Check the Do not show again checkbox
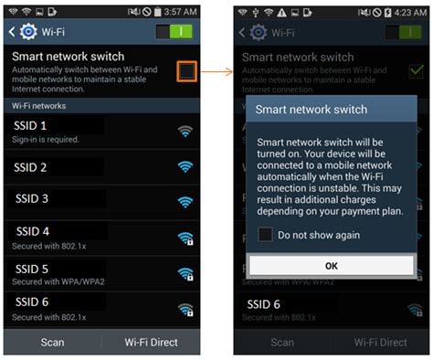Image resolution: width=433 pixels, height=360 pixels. (265, 235)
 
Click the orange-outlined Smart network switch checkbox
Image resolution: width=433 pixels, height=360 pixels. (185, 71)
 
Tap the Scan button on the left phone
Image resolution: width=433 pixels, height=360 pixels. (52, 342)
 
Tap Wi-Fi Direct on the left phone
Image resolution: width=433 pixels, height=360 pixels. (151, 342)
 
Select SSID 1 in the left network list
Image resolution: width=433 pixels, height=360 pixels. (32, 124)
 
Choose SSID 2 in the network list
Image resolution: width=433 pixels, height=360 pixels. (32, 167)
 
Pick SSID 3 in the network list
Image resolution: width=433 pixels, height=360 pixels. (32, 198)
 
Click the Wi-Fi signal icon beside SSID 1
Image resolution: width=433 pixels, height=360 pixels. (185, 132)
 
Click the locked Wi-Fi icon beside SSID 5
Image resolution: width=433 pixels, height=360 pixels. (185, 273)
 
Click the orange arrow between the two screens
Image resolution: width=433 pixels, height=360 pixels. (216, 70)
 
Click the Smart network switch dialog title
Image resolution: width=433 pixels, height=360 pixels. (300, 109)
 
